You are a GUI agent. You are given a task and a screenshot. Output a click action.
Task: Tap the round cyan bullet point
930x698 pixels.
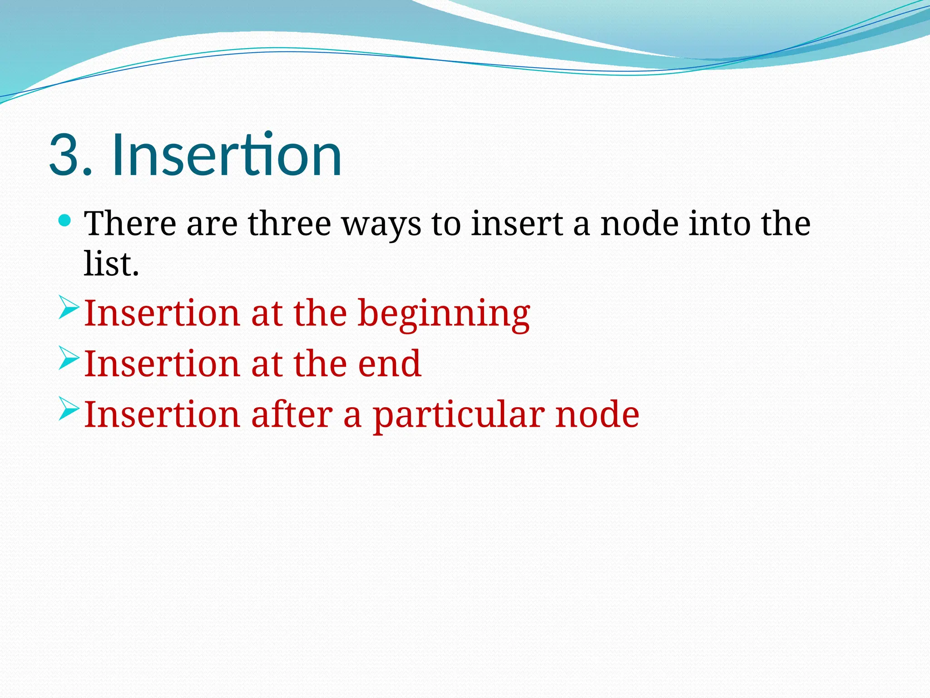coord(65,221)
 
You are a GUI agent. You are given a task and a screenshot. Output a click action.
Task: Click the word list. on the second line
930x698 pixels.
coord(111,264)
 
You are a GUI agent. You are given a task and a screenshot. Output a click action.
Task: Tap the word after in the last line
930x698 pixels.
coord(292,414)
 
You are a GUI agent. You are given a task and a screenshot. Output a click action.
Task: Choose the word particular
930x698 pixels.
coord(459,415)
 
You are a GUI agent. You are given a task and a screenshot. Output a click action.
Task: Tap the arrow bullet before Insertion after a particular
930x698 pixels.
coord(69,408)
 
